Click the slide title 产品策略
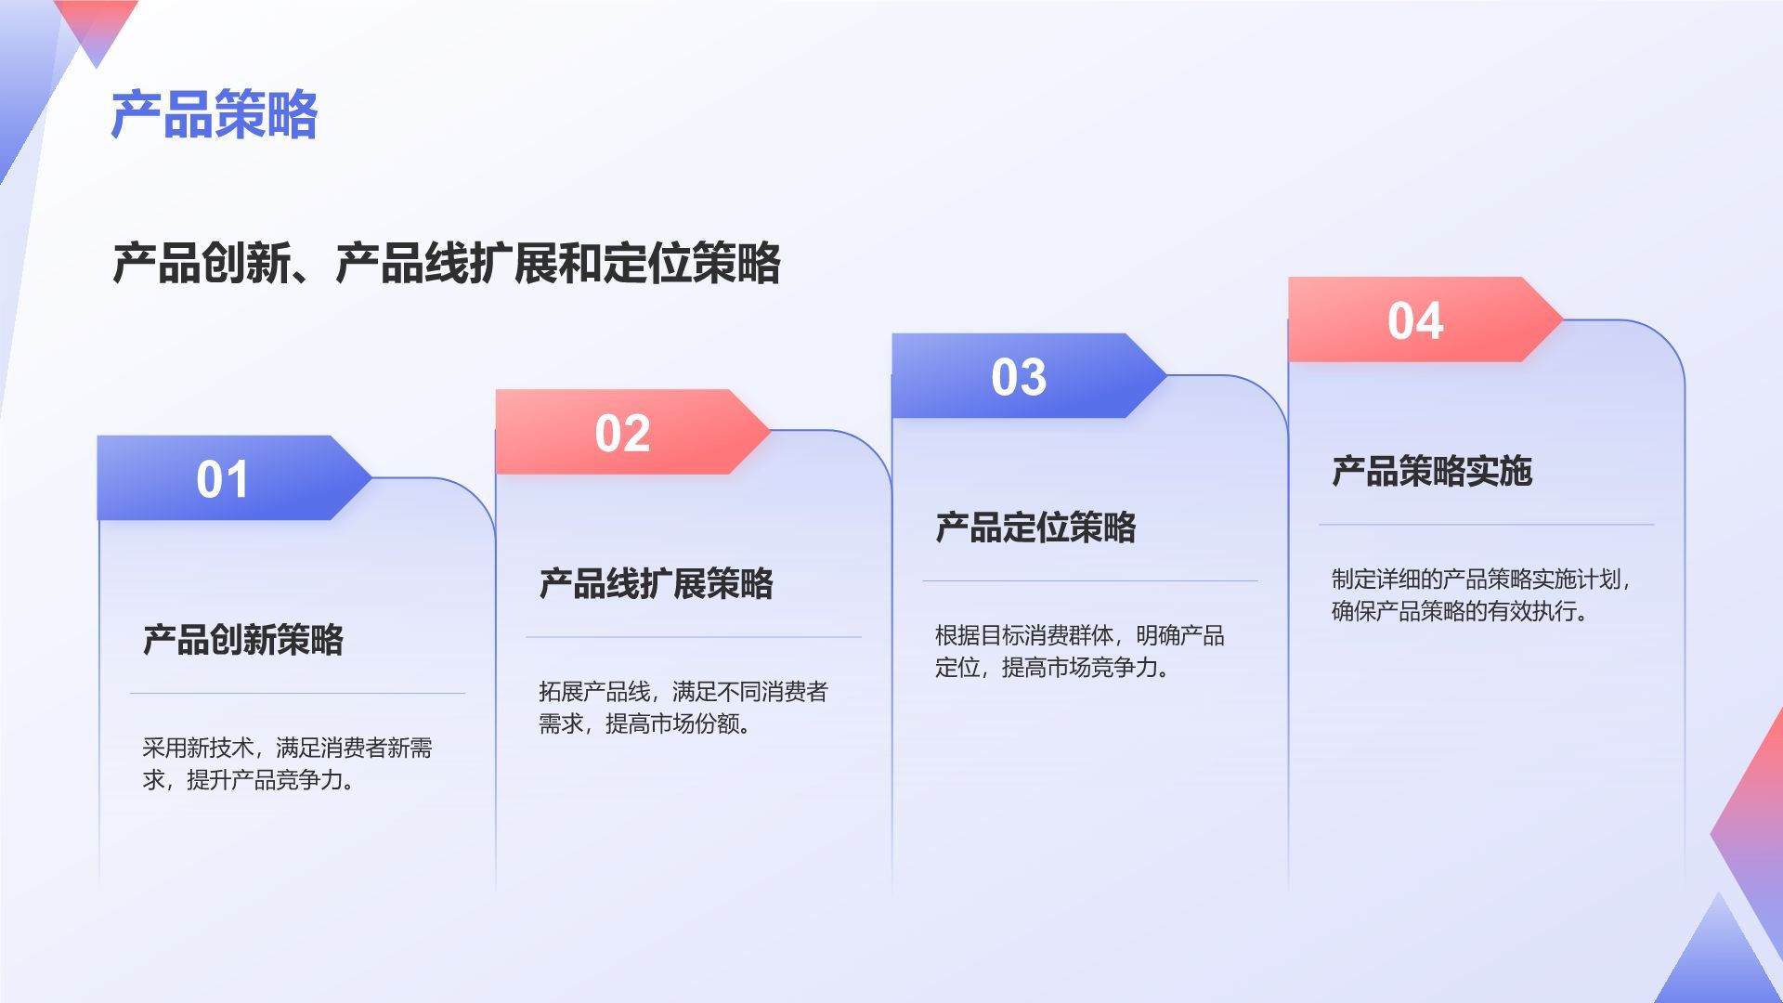coord(215,115)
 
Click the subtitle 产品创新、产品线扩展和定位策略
coord(447,263)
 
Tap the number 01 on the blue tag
coord(223,479)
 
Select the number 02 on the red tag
coord(622,433)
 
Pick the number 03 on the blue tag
coord(1019,377)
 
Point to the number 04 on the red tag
coord(1415,320)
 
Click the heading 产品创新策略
coord(243,640)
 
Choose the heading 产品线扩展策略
coord(656,583)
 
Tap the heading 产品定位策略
coord(1035,528)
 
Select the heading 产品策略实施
coord(1432,471)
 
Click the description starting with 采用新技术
coord(287,763)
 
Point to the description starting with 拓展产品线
coord(683,707)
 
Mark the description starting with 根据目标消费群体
coord(1079,651)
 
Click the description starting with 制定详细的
coord(1481,594)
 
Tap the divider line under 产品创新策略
coord(297,693)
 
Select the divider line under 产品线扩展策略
coord(694,637)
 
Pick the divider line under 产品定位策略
coord(1090,581)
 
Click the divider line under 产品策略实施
coord(1487,525)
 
